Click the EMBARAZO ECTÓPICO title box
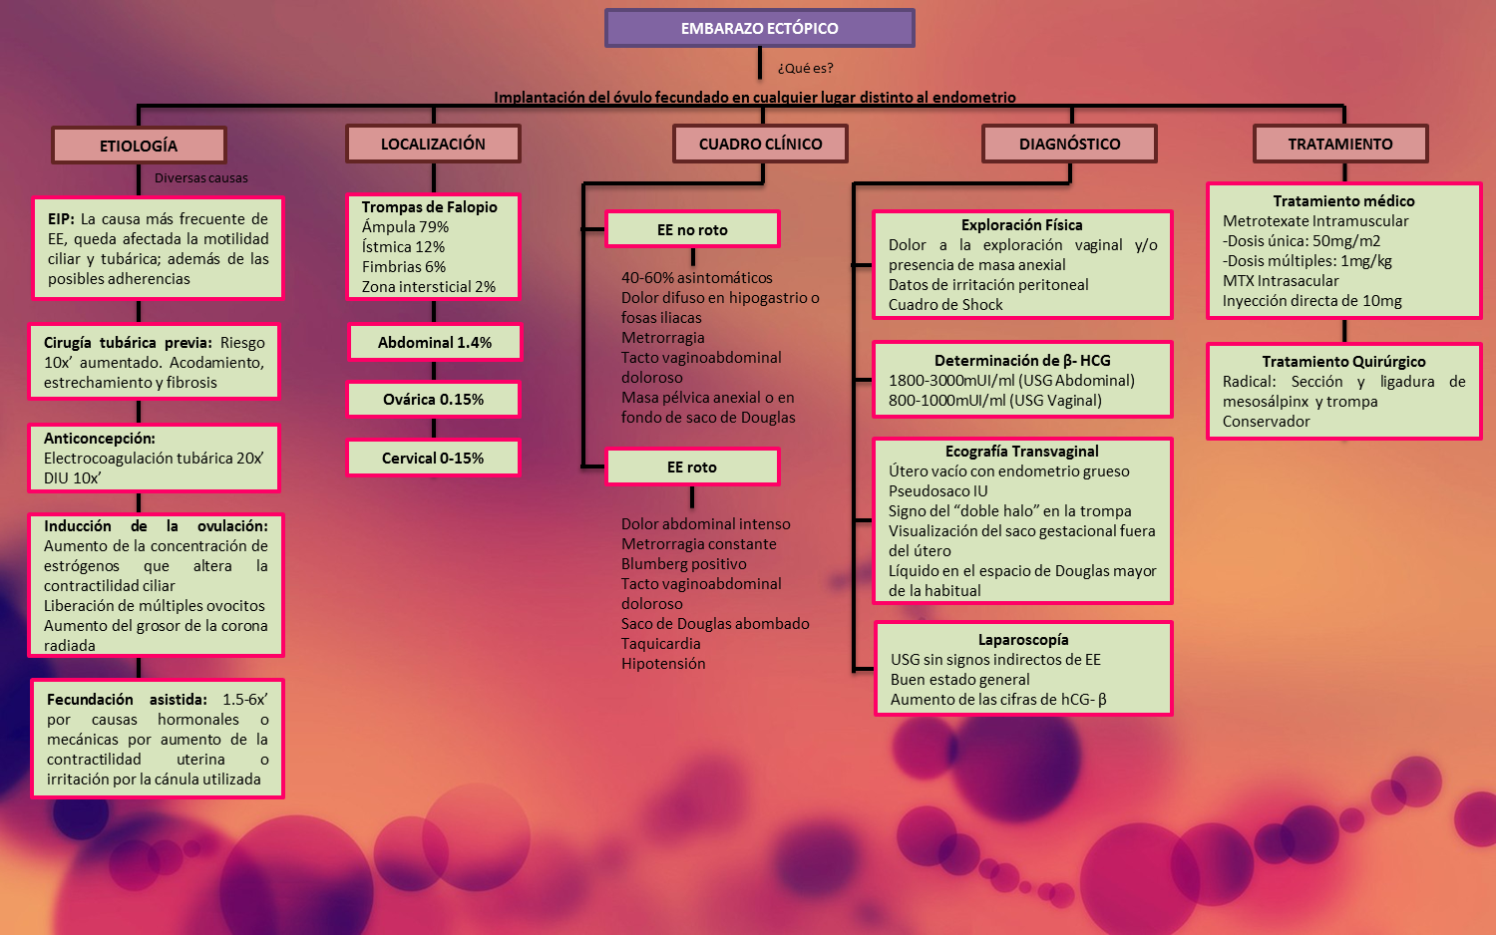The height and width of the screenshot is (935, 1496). pos(759,28)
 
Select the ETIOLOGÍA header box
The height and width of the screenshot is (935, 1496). pos(139,146)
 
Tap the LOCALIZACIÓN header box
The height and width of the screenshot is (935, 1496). pos(433,144)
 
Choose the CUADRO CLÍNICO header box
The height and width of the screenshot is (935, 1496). pos(760,144)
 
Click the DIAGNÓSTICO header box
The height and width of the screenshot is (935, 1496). pos(1069,144)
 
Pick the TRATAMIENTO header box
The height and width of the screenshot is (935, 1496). pos(1339,144)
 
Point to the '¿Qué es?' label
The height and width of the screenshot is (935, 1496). pos(805,68)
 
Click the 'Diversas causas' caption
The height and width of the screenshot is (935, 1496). pos(200,178)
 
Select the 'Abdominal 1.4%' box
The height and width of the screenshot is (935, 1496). pos(434,342)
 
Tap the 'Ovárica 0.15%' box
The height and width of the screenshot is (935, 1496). pos(433,399)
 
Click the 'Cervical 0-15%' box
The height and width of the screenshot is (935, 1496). pos(433,458)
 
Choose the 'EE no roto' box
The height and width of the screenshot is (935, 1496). pos(692,229)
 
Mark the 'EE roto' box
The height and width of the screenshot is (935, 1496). pos(692,467)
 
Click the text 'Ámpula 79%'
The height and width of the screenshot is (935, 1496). pos(405,227)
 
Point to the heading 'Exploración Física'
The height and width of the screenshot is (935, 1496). pos(1021,225)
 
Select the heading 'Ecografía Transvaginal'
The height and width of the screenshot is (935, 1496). pos(1021,452)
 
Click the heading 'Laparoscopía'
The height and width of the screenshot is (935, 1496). pos(1022,640)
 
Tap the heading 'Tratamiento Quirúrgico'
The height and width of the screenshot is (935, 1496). pos(1343,362)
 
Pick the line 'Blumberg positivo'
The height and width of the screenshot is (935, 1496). pos(683,564)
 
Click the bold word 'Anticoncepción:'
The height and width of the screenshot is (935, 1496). pos(100,439)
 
